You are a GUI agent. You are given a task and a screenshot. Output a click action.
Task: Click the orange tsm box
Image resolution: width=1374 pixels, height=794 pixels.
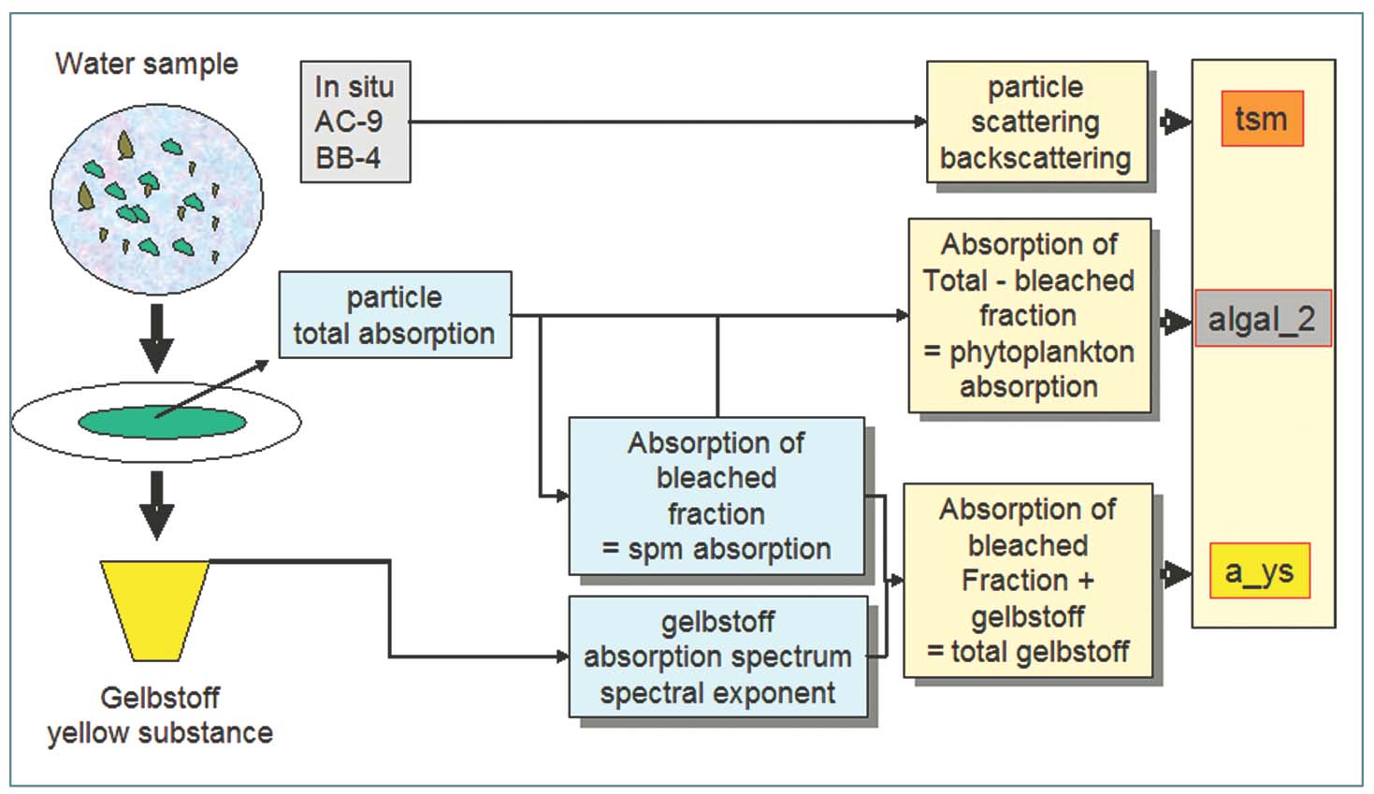(1262, 119)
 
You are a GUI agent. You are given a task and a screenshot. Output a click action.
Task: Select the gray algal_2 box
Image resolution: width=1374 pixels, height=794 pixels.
(1262, 319)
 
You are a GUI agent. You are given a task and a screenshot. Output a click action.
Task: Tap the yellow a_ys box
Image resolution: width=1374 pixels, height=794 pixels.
(1259, 570)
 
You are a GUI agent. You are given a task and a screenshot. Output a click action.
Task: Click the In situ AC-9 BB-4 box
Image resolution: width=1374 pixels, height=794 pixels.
(354, 122)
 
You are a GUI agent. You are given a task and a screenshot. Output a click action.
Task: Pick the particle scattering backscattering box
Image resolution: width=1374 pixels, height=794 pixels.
(1036, 123)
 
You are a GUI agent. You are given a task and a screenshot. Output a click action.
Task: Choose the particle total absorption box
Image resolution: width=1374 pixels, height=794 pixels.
(395, 315)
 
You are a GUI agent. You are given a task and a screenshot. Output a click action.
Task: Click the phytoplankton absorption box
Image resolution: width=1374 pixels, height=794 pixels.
(1029, 315)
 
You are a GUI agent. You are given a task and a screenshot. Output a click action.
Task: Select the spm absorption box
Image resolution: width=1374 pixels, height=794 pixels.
(716, 496)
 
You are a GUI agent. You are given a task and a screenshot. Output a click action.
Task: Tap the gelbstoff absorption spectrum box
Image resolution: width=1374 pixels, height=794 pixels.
(717, 657)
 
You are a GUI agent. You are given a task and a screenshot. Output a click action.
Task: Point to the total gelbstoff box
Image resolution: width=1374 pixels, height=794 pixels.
(1027, 580)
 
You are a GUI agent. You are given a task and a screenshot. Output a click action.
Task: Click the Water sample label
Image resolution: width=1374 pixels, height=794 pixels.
(146, 64)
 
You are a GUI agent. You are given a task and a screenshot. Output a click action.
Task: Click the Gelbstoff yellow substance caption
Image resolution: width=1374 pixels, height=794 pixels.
(160, 715)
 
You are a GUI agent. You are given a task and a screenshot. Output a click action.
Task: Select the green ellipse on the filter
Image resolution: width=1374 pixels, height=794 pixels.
(162, 423)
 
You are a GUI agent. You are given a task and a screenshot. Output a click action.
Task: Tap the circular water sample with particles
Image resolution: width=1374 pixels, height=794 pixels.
(156, 196)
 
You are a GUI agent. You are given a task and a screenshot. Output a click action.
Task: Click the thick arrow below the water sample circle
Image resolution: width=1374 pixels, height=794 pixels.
(156, 337)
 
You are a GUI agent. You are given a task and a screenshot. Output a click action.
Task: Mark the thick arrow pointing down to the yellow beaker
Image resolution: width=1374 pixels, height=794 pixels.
(156, 505)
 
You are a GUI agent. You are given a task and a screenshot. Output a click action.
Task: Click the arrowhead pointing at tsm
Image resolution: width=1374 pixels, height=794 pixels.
(1174, 121)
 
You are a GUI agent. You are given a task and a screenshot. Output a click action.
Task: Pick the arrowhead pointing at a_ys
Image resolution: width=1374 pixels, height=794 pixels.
(1174, 572)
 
